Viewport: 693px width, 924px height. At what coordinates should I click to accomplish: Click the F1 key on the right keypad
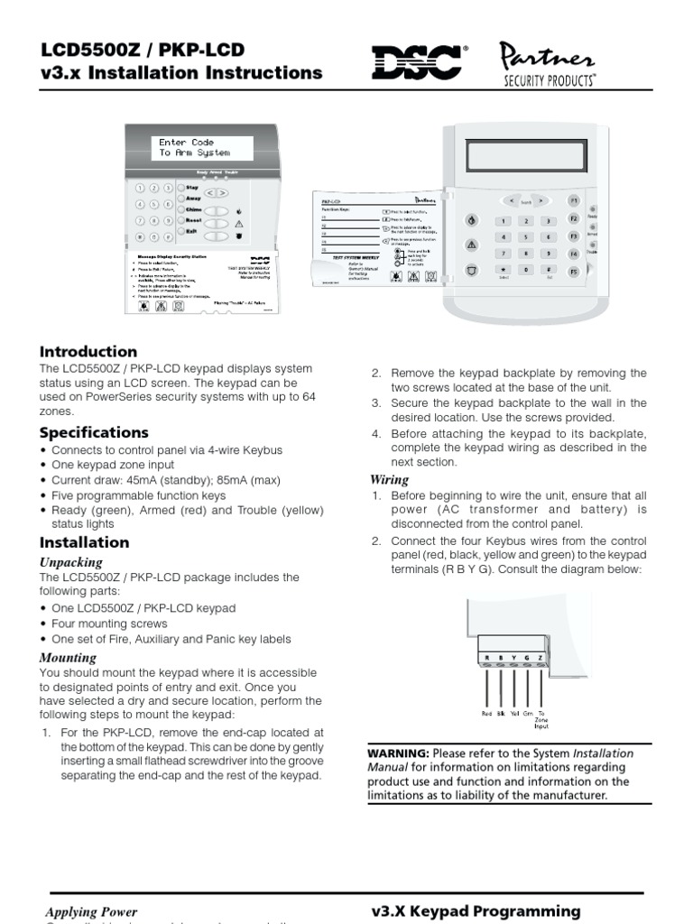[x=572, y=199]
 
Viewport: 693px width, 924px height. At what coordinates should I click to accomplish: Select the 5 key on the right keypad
[x=524, y=237]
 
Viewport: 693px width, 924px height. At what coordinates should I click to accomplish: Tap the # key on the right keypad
[x=547, y=270]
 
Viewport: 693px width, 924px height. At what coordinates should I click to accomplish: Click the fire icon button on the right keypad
[x=471, y=220]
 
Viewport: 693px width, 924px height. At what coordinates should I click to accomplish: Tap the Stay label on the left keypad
[x=191, y=187]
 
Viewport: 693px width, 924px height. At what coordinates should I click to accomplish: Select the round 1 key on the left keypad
[x=141, y=189]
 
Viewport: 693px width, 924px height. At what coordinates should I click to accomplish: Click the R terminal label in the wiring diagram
[x=488, y=657]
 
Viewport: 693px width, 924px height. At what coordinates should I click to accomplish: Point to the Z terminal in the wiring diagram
[x=541, y=657]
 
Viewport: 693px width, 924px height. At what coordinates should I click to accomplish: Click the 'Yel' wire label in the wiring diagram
[x=514, y=713]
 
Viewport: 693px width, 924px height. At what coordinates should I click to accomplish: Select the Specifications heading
[x=94, y=432]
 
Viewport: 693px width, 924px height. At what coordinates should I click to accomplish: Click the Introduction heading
[x=88, y=351]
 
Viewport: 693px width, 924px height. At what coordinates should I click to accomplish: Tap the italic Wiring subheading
[x=389, y=479]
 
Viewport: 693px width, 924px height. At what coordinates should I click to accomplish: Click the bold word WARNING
[x=398, y=753]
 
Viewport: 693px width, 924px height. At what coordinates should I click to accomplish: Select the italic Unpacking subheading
[x=71, y=562]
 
